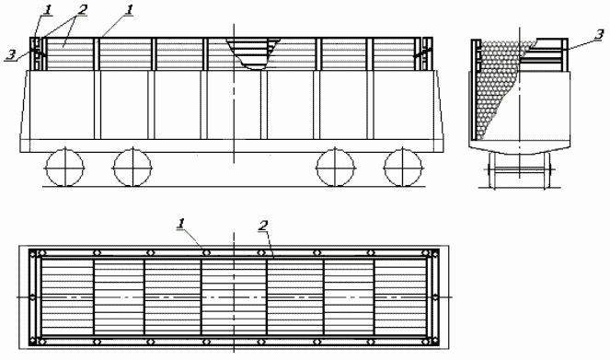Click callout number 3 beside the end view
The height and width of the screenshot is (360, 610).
tap(598, 34)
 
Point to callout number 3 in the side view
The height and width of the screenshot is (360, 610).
tap(8, 55)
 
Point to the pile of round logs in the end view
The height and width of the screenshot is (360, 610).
tap(497, 92)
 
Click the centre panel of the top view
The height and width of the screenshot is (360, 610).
tap(234, 296)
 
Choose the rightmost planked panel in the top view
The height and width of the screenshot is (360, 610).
tap(399, 296)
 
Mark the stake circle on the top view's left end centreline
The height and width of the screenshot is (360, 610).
tap(32, 297)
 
